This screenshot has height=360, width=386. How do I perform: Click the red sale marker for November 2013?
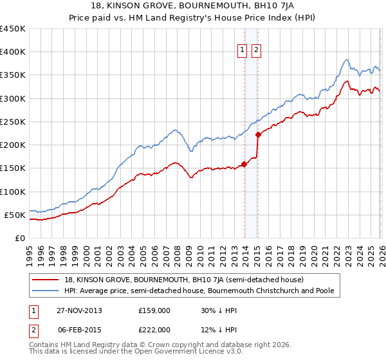pos(244,164)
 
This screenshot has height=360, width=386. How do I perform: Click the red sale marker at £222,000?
pos(258,134)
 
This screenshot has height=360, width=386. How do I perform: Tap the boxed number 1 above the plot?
pos(243,51)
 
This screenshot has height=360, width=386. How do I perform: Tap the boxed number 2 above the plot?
pos(257,51)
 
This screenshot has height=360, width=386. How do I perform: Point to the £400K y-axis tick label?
pos(13,52)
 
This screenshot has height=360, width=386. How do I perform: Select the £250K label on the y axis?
pos(13,122)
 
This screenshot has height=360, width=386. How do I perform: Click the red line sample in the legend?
pos(47,280)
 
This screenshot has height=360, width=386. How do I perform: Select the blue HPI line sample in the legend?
pos(47,291)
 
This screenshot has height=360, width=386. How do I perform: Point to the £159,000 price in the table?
pos(154,310)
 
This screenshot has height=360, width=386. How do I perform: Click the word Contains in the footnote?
pos(44,346)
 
